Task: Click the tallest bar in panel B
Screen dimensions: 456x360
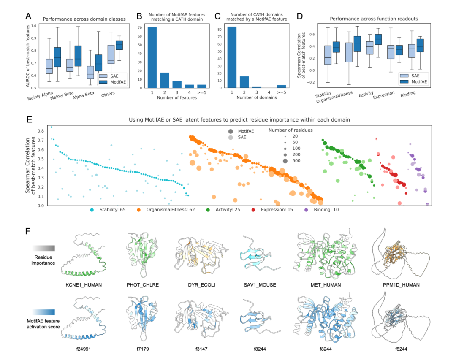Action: click(152, 57)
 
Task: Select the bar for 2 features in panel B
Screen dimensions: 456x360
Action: click(165, 80)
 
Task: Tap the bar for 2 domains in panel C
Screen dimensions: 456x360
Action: click(244, 82)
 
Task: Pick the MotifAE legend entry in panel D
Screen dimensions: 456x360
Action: click(413, 82)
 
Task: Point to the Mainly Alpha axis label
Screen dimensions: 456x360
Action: click(40, 96)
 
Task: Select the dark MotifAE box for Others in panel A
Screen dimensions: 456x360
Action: click(119, 45)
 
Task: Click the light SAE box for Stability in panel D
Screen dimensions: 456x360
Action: click(328, 55)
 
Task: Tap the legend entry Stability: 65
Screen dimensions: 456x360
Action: click(108, 210)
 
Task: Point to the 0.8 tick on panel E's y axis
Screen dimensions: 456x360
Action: click(41, 131)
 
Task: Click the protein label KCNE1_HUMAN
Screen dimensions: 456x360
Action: click(84, 285)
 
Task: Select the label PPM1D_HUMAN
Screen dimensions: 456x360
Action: click(401, 285)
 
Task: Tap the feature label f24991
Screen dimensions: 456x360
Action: click(84, 349)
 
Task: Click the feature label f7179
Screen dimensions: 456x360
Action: click(143, 349)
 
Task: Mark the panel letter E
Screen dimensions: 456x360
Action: click(29, 119)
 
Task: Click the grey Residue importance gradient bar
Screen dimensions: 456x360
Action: click(43, 248)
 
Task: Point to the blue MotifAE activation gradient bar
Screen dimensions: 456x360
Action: click(43, 312)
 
